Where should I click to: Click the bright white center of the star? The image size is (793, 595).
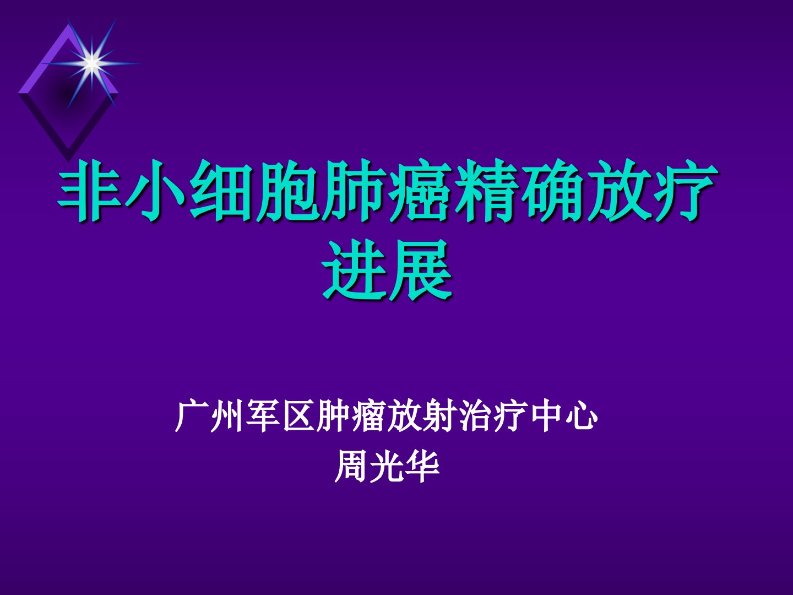point(92,63)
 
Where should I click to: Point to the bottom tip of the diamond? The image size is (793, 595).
point(68,161)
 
